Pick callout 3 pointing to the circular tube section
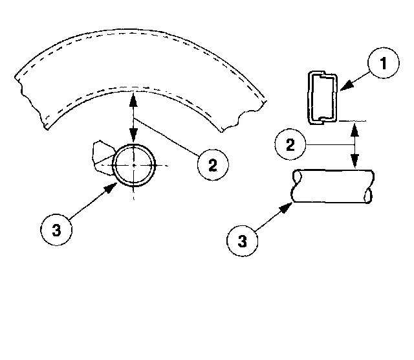pos(57,229)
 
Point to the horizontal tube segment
pos(333,186)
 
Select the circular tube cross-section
pos(134,165)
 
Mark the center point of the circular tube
pos(133,165)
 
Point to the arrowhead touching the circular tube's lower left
pos(114,185)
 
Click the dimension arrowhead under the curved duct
pos(133,97)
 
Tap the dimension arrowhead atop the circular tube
pos(133,141)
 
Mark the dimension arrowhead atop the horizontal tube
pos(354,166)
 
